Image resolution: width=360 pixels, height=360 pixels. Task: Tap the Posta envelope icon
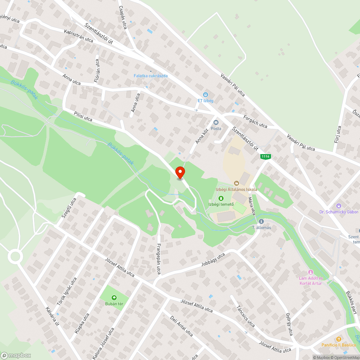pyautogui.click(x=216, y=122)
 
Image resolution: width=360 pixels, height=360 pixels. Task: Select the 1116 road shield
pyautogui.click(x=266, y=156)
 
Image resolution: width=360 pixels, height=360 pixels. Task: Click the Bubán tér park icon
pyautogui.click(x=114, y=297)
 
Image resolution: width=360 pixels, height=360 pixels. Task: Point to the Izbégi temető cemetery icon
pyautogui.click(x=221, y=198)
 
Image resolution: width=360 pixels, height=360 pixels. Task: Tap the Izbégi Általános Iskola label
pyautogui.click(x=236, y=189)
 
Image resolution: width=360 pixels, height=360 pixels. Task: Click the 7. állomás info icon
pyautogui.click(x=261, y=221)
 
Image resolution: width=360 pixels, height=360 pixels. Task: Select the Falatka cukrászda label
pyautogui.click(x=150, y=76)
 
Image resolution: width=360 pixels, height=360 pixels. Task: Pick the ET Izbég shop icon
pyautogui.click(x=205, y=94)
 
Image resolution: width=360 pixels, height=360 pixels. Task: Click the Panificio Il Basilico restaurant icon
pyautogui.click(x=338, y=339)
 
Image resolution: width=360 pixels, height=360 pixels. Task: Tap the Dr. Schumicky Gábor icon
pyautogui.click(x=339, y=206)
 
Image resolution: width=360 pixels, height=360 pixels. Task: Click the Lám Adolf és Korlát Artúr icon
pyautogui.click(x=311, y=272)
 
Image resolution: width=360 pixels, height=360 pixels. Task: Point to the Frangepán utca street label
pyautogui.click(x=158, y=259)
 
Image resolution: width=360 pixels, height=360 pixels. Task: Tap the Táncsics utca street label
pyautogui.click(x=246, y=316)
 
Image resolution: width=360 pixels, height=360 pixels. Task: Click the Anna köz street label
pyautogui.click(x=202, y=137)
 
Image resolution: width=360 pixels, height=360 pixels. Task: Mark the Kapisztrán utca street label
pyautogui.click(x=78, y=36)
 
